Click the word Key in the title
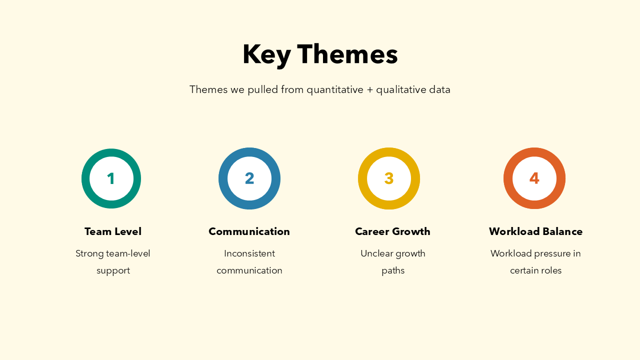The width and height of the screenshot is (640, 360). click(267, 55)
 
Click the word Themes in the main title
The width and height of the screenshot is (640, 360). click(347, 54)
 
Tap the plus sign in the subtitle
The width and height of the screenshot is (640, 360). click(369, 89)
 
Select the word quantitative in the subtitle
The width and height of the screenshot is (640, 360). click(335, 90)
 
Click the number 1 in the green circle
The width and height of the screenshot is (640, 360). click(111, 178)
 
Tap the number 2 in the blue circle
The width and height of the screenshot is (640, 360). click(249, 178)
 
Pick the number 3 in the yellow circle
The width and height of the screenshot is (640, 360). click(389, 178)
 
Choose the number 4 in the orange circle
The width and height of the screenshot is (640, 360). click(534, 178)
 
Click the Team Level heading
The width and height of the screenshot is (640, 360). click(113, 231)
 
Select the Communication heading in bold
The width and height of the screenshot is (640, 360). click(249, 231)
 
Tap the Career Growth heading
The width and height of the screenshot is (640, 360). click(392, 231)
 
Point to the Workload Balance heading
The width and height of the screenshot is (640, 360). click(535, 231)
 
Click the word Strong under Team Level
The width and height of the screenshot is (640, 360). click(89, 254)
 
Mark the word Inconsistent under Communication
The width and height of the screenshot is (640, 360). click(249, 253)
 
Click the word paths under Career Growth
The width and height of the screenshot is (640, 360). click(393, 271)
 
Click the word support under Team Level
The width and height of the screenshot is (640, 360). click(113, 271)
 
